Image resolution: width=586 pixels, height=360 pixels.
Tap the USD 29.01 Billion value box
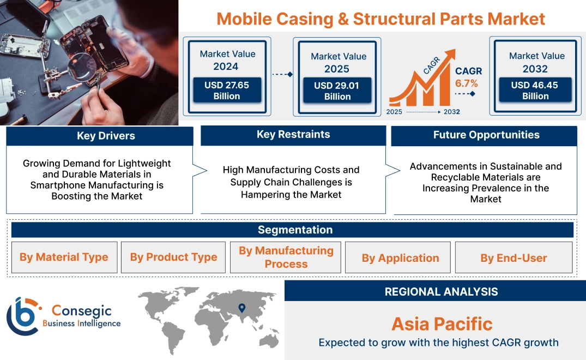tap(337, 91)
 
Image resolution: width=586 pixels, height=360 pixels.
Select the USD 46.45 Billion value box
tap(535, 91)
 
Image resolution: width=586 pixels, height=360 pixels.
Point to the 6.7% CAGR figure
tap(466, 83)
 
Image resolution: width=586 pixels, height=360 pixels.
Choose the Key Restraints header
tap(293, 135)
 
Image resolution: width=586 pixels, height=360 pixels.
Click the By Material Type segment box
tap(64, 257)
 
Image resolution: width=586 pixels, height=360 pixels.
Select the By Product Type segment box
tap(173, 257)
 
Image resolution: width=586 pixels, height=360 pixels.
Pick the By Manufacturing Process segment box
tap(286, 257)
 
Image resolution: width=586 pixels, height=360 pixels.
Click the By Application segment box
tap(400, 258)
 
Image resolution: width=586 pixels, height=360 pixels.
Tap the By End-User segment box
tap(513, 258)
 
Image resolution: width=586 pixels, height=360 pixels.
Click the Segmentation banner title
tap(295, 230)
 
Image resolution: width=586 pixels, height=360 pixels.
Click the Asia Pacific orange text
tap(442, 324)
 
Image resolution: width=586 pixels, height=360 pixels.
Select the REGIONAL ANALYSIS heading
tap(441, 292)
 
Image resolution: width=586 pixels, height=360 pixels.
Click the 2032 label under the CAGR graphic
tap(451, 112)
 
